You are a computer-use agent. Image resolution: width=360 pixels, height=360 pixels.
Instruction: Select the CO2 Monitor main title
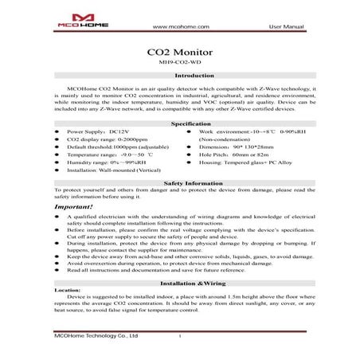[x=180, y=52]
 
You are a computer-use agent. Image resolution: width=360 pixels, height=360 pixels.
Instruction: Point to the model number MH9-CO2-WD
[x=180, y=64]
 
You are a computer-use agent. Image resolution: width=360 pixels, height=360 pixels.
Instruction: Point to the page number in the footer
[x=181, y=338]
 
